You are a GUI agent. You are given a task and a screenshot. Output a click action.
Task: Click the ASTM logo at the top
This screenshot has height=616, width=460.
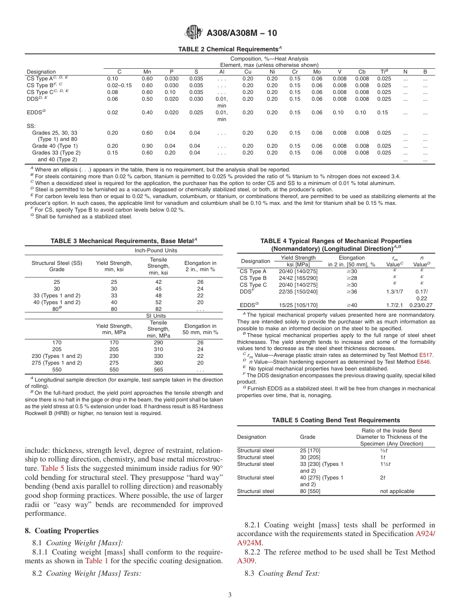click(x=194, y=33)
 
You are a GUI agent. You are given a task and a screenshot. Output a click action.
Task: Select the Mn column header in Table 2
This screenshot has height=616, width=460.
click(x=147, y=72)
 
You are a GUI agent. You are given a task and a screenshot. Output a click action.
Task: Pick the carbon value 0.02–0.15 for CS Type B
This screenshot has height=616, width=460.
click(x=119, y=85)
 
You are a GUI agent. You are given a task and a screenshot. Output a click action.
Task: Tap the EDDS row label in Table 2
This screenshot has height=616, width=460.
click(x=34, y=112)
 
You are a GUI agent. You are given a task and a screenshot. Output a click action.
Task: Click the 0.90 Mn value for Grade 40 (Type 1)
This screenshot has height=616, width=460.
click(x=147, y=146)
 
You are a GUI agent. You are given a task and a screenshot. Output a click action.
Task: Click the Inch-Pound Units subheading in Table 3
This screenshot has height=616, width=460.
click(x=155, y=250)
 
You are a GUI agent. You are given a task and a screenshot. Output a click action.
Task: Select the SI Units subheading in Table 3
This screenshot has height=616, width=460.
click(x=155, y=316)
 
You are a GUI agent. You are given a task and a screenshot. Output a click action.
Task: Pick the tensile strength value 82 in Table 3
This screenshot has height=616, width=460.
click(x=158, y=309)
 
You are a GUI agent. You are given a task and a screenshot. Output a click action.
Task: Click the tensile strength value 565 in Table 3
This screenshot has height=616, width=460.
click(x=158, y=369)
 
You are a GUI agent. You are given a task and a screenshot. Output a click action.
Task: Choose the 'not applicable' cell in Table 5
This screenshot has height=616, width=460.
click(x=397, y=491)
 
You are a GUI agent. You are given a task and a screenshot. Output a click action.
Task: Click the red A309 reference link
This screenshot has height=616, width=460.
click(x=245, y=561)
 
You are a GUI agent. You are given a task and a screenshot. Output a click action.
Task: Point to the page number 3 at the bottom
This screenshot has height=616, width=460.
click(x=230, y=595)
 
